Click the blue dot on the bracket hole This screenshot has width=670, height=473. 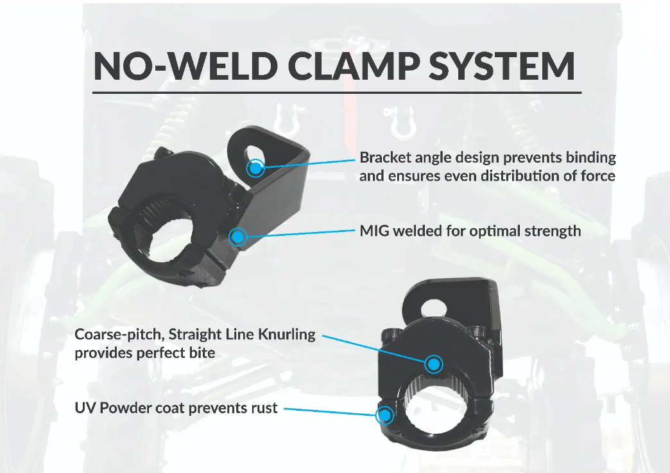255,168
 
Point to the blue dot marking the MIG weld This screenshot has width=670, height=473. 238,237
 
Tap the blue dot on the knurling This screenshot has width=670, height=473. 434,364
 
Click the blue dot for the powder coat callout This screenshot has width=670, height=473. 384,415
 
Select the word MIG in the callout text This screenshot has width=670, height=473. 375,230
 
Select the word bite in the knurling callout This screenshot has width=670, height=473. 201,352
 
